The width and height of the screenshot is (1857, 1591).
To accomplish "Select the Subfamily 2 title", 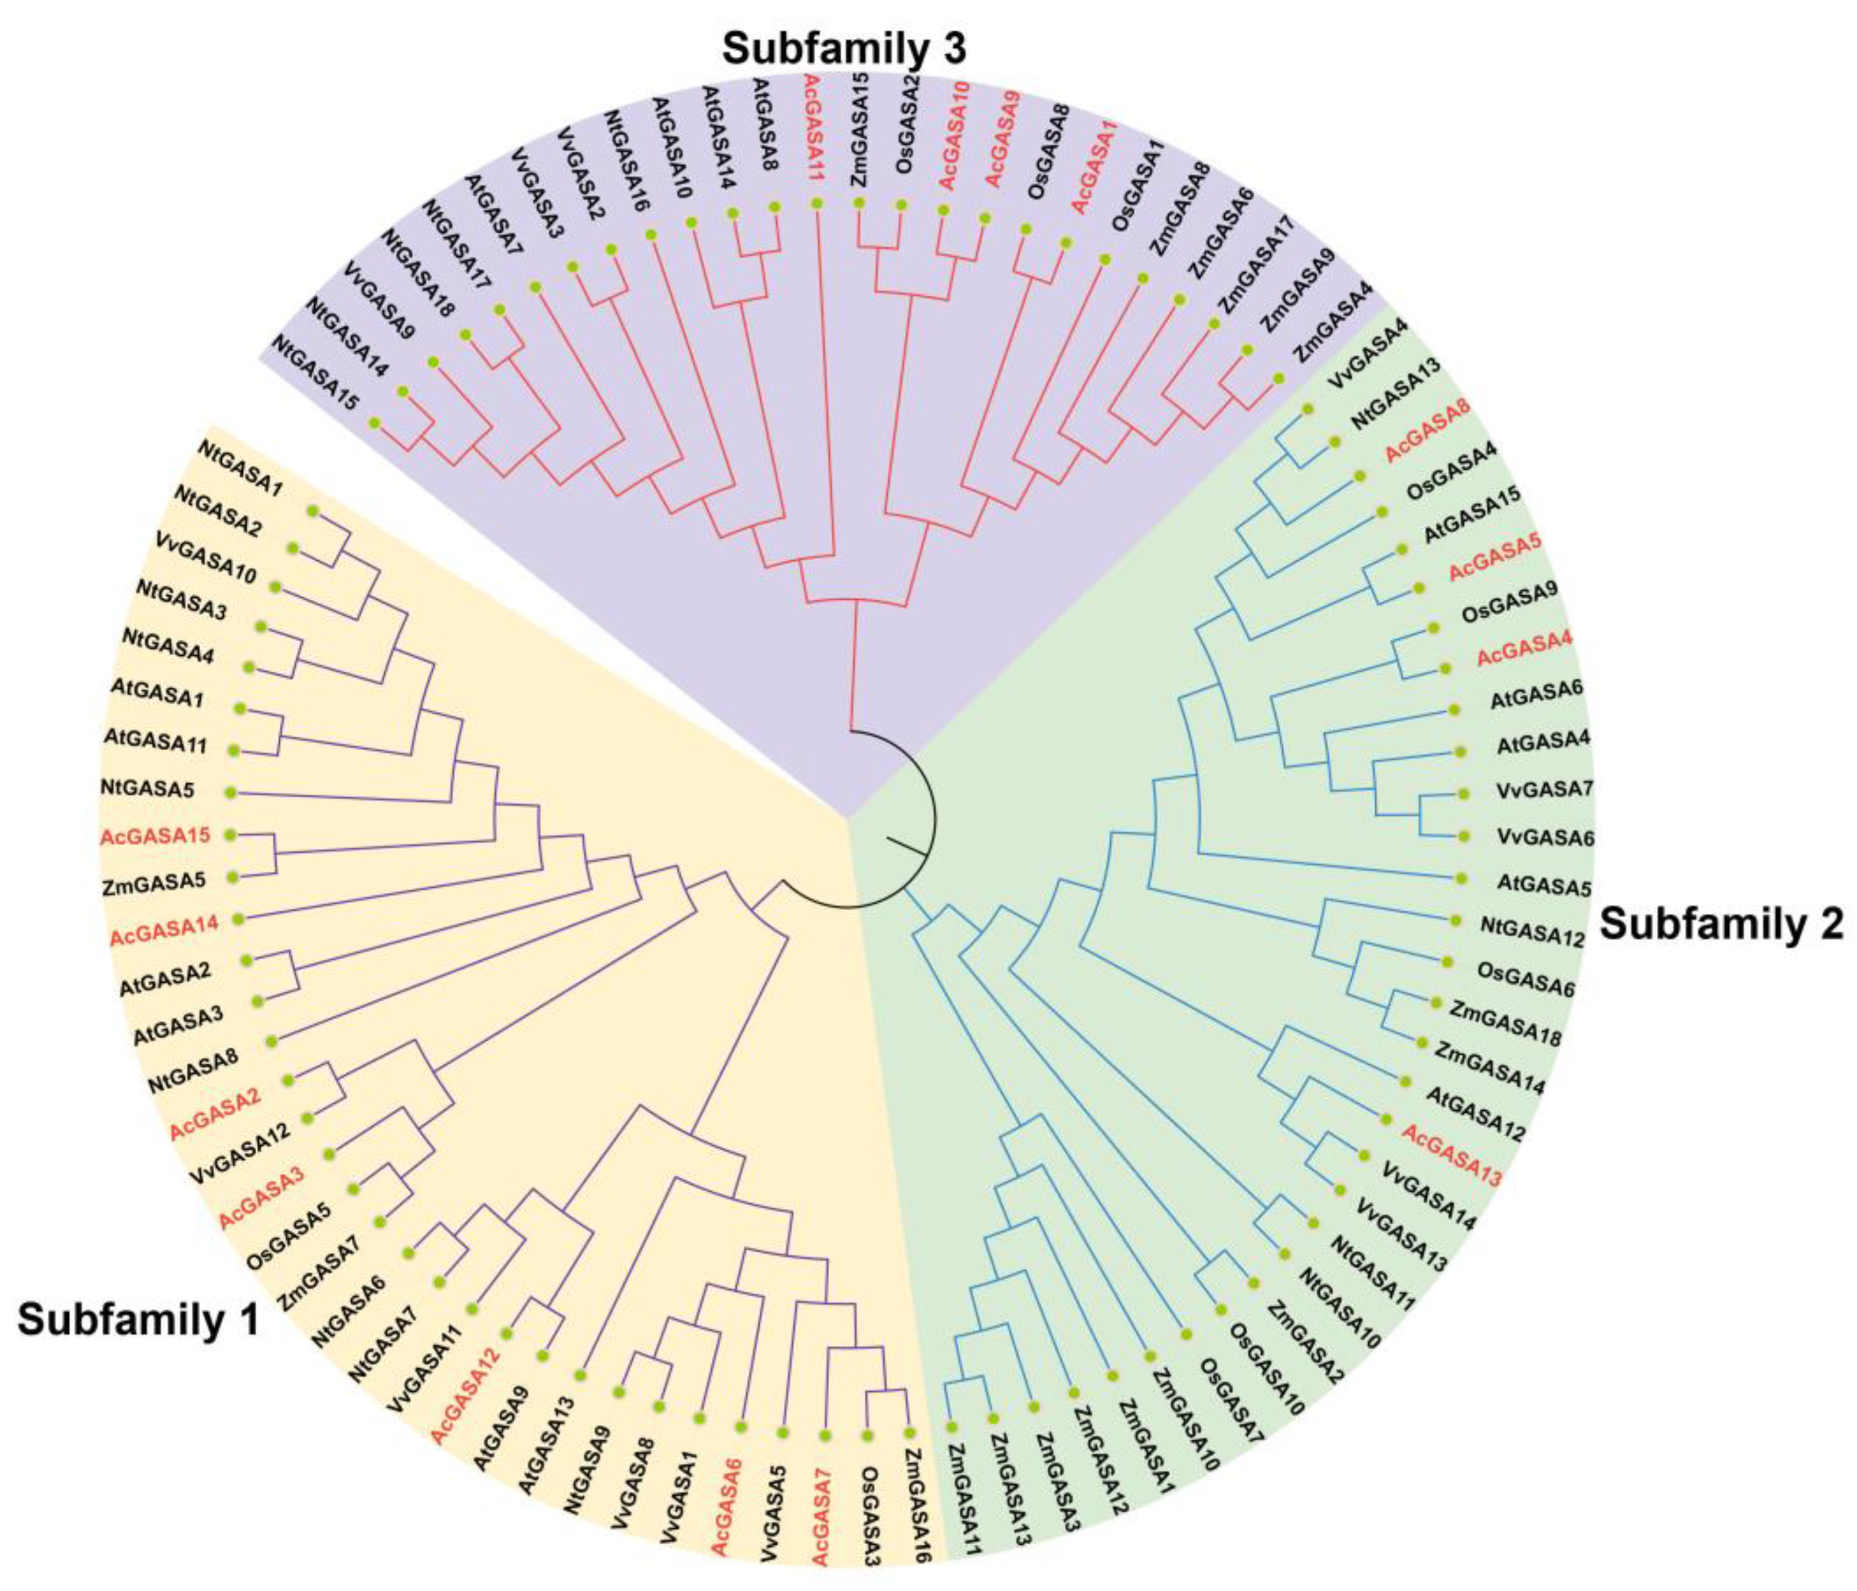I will [1721, 924].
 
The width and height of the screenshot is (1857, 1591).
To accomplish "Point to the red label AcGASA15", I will [155, 836].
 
